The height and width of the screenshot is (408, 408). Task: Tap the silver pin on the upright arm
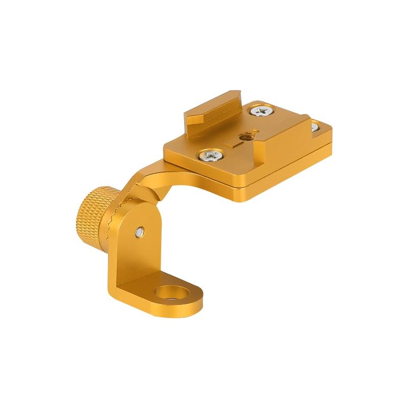pos(140,233)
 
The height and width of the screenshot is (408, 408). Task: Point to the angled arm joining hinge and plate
pos(153,178)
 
